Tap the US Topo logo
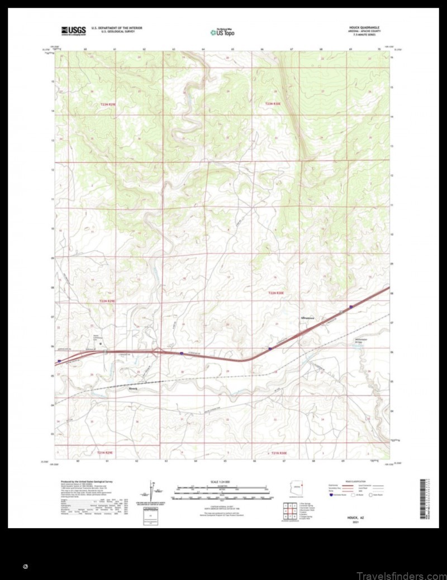click(222, 32)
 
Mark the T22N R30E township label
click(275, 293)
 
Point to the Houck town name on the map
click(132, 389)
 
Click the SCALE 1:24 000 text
click(222, 482)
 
